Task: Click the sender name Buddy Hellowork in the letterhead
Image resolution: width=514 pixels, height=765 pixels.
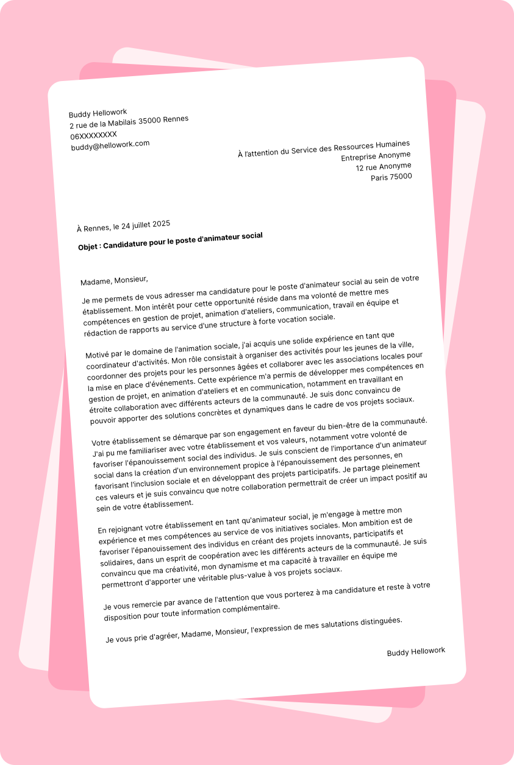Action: point(98,113)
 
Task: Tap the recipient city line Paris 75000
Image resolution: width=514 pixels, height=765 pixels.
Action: point(391,177)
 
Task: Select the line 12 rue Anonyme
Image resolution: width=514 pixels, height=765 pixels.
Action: point(384,167)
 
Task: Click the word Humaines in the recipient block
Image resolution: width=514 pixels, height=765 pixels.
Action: point(392,144)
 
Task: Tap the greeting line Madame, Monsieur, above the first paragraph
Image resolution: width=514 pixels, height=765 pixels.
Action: point(114,280)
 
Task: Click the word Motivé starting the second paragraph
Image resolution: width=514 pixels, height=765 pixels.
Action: point(98,354)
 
